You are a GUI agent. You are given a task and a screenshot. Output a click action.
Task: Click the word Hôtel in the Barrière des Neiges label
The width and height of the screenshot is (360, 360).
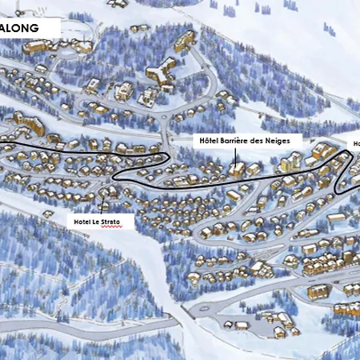click(210, 139)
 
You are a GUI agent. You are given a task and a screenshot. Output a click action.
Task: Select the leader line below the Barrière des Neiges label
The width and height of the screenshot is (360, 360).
click(237, 155)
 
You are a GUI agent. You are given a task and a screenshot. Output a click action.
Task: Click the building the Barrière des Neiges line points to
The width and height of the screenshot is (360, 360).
click(237, 170)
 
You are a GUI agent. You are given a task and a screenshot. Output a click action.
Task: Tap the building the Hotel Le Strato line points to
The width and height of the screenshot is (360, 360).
click(106, 192)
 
